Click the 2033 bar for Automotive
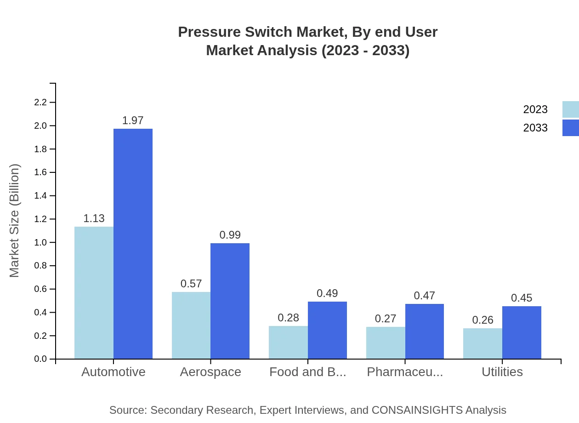click(133, 244)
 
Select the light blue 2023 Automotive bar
click(94, 292)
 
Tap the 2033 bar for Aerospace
click(230, 301)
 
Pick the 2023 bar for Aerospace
click(191, 325)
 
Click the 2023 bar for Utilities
click(482, 343)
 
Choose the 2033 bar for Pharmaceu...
click(425, 331)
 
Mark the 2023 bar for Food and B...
click(288, 342)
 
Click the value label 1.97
click(133, 120)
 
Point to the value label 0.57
click(191, 284)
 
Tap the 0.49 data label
click(327, 293)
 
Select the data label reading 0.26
click(482, 320)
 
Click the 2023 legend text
click(535, 109)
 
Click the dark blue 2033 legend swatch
click(570, 128)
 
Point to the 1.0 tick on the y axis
click(41, 242)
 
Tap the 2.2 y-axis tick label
click(41, 102)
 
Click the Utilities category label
click(502, 372)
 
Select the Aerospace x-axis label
click(210, 372)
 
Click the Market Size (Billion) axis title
click(15, 221)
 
